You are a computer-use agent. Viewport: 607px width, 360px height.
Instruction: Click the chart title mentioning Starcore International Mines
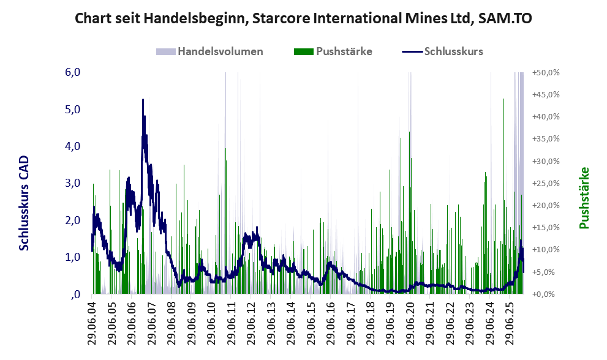tap(303, 18)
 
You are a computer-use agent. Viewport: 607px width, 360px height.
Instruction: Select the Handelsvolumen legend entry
tap(220, 51)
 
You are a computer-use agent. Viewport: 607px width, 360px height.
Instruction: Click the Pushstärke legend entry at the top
tap(344, 51)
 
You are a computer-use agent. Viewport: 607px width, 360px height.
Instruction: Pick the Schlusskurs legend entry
tap(453, 51)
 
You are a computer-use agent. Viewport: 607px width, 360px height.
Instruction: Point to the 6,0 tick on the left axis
tap(72, 72)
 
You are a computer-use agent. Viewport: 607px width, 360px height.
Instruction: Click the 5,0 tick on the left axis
tap(72, 110)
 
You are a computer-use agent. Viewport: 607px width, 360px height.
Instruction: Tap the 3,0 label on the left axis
tap(72, 183)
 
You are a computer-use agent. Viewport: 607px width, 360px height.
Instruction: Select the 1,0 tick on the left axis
tap(72, 257)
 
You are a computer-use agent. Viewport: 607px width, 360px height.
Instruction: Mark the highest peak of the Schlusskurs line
tap(143, 99)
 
